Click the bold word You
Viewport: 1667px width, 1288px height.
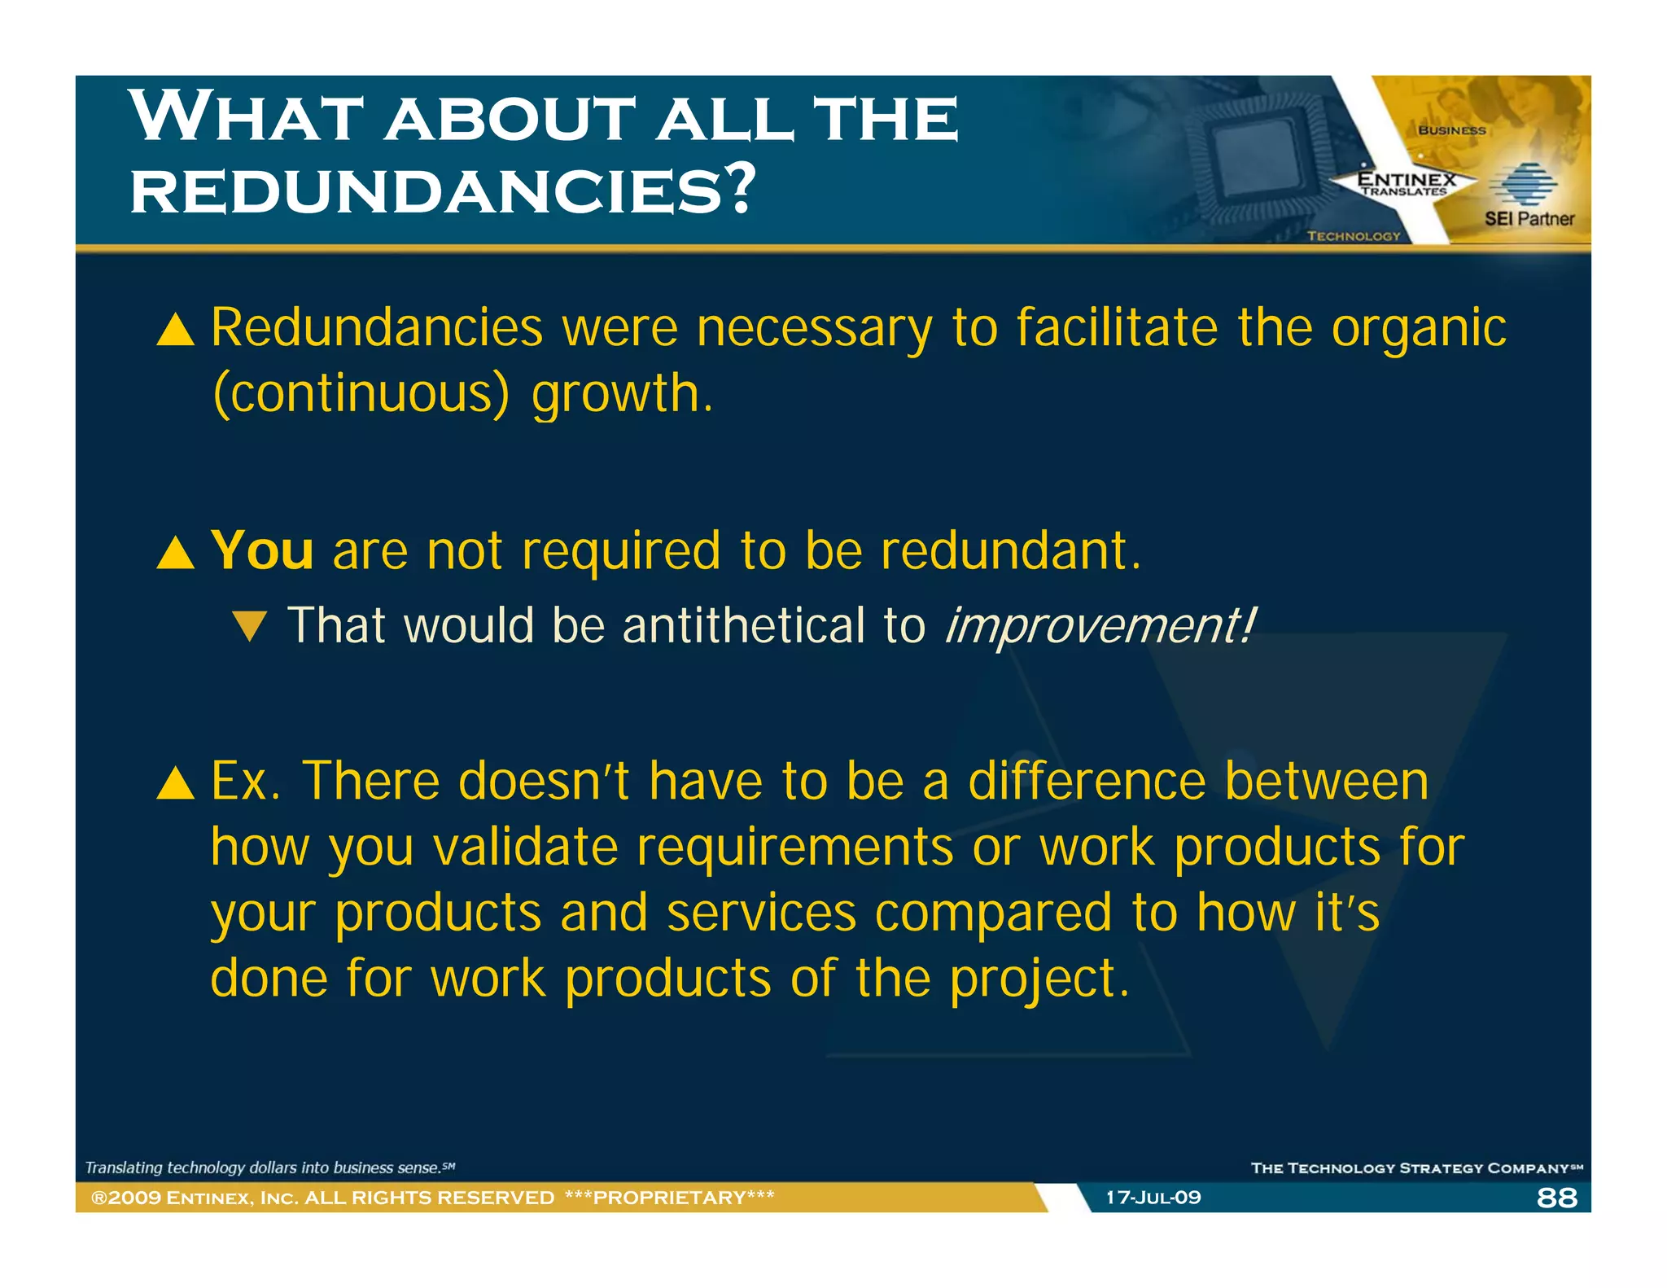coord(262,550)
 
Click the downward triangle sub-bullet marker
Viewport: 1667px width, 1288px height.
coord(249,626)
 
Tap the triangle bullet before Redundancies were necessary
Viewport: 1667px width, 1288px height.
coord(176,330)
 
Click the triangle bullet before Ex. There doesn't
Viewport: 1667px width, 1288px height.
coord(176,782)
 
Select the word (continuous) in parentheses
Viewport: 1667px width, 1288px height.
coord(361,393)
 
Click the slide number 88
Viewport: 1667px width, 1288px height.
coord(1556,1198)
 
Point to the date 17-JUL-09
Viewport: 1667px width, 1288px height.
coord(1153,1198)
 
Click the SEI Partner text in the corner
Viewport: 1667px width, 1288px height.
coord(1529,218)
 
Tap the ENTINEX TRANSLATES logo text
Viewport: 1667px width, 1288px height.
coord(1406,183)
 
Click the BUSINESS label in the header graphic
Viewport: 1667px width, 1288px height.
coord(1451,130)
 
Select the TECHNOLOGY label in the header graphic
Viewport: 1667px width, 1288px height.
coord(1354,236)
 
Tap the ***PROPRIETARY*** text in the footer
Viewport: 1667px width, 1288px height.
coord(669,1198)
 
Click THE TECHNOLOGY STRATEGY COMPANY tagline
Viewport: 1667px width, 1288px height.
coord(1415,1168)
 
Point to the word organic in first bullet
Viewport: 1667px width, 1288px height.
coord(1419,328)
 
